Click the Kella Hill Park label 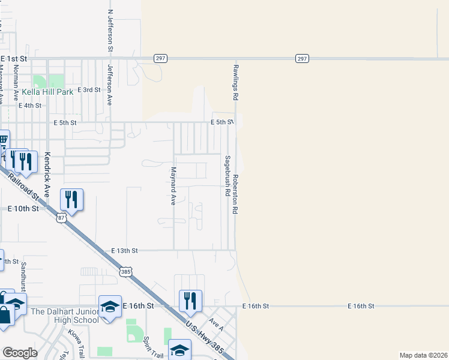coord(47,92)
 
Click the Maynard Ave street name coord(173,186)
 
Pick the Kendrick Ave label coord(47,170)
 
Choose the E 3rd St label coord(89,89)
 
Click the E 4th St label coord(30,105)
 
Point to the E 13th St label coord(125,250)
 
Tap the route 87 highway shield coord(61,218)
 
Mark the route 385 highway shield coord(125,272)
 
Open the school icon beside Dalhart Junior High coord(110,307)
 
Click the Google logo coord(20,353)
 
